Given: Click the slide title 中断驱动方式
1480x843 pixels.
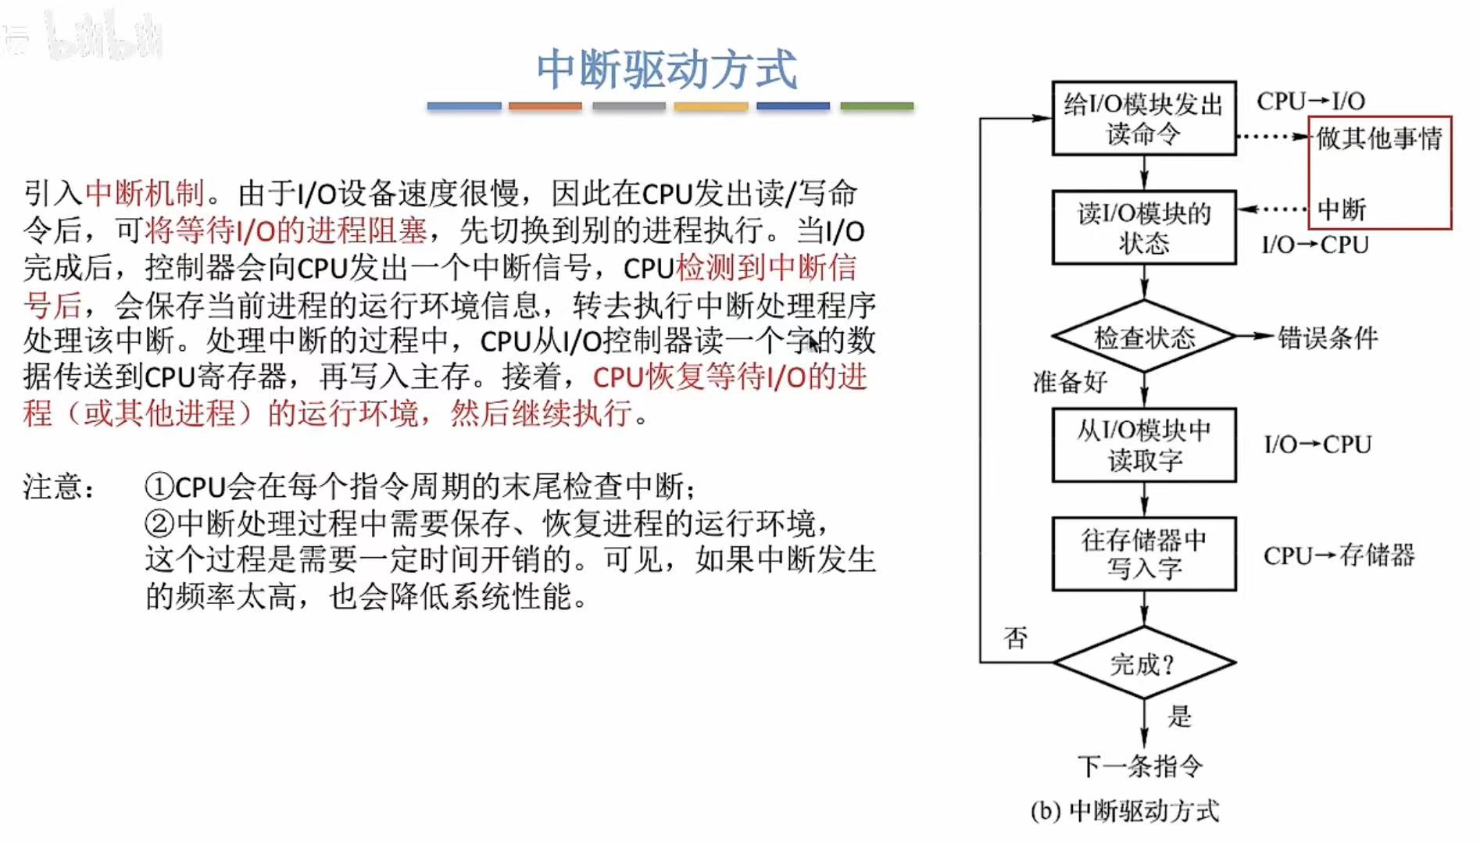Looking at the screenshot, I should pyautogui.click(x=667, y=70).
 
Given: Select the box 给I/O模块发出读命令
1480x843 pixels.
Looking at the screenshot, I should pyautogui.click(x=1143, y=119).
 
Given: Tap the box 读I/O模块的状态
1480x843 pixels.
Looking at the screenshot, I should pyautogui.click(x=1143, y=227).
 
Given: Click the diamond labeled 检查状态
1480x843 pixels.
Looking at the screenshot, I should pyautogui.click(x=1144, y=338).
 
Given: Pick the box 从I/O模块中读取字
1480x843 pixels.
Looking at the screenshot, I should pyautogui.click(x=1143, y=445).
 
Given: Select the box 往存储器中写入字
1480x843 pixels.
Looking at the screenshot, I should pyautogui.click(x=1143, y=554).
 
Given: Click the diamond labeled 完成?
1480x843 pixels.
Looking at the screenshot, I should pyautogui.click(x=1143, y=663).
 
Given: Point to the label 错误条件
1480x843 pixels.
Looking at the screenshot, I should pyautogui.click(x=1327, y=338).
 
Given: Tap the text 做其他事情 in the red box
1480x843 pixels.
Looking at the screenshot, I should pyautogui.click(x=1379, y=138).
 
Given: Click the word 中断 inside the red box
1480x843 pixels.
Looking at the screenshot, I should pyautogui.click(x=1342, y=209).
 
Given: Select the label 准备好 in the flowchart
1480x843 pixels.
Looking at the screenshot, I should pyautogui.click(x=1070, y=382).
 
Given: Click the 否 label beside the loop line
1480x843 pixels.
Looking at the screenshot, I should pyautogui.click(x=1015, y=638).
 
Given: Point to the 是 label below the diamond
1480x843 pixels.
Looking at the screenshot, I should pyautogui.click(x=1179, y=716).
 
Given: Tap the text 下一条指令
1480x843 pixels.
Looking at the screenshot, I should pyautogui.click(x=1140, y=766).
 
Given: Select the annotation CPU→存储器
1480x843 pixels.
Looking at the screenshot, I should pyautogui.click(x=1339, y=555).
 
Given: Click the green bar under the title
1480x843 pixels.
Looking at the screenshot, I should pyautogui.click(x=877, y=105).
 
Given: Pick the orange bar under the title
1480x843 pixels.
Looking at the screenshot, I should pyautogui.click(x=545, y=105).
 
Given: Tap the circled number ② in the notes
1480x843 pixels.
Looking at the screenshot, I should pyautogui.click(x=159, y=523).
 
